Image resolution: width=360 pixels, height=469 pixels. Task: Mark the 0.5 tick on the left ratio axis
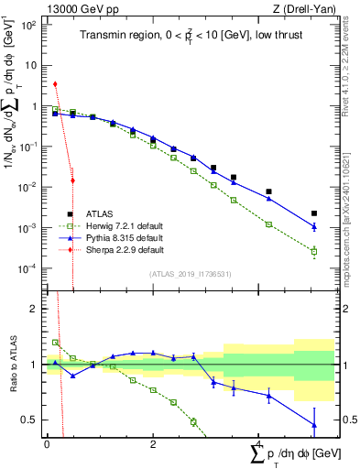(x=30, y=420)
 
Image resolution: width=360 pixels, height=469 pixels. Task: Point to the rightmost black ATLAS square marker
(x=314, y=213)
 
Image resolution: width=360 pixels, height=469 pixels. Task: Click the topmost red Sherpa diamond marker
(x=57, y=84)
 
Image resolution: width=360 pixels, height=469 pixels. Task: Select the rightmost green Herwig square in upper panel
(x=314, y=252)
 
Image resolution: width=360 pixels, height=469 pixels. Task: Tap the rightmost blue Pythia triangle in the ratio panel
(x=314, y=425)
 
